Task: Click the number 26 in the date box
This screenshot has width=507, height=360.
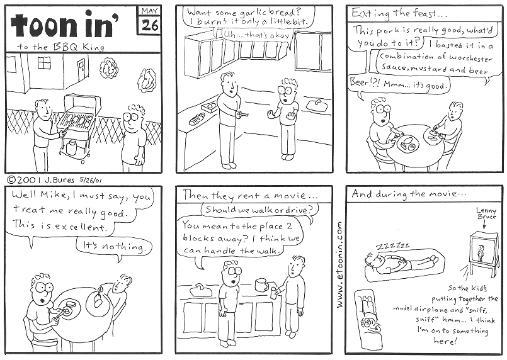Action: click(150, 25)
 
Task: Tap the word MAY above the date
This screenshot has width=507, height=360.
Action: click(150, 11)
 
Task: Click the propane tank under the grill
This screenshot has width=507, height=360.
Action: click(71, 147)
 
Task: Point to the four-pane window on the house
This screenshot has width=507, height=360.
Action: click(44, 63)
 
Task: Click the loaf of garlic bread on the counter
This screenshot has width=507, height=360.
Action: click(197, 118)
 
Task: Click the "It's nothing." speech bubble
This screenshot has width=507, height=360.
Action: click(114, 247)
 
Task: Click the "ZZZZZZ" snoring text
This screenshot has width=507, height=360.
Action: click(392, 247)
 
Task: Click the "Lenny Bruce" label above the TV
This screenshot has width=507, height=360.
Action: click(486, 213)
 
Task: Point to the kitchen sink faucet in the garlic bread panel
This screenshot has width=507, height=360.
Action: click(317, 102)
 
